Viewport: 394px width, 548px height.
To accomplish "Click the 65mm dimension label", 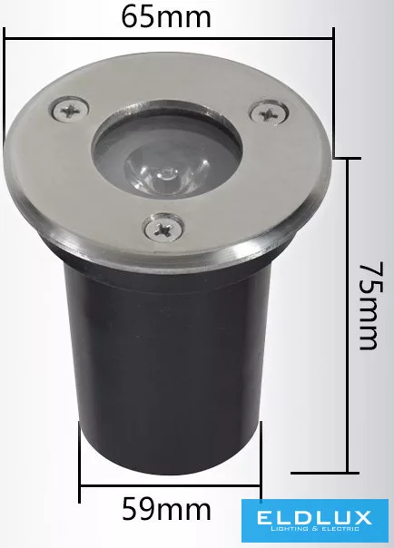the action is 166,17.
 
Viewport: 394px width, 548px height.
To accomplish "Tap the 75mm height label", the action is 371,305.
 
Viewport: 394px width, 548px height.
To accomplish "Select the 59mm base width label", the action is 166,510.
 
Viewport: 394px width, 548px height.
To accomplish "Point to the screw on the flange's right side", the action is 270,113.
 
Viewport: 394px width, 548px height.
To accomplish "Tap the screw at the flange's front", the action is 163,228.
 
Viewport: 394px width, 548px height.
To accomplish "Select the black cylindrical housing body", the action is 168,367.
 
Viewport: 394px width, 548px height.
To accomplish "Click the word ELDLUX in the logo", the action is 313,517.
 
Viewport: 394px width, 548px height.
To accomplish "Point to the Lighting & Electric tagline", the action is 315,529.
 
